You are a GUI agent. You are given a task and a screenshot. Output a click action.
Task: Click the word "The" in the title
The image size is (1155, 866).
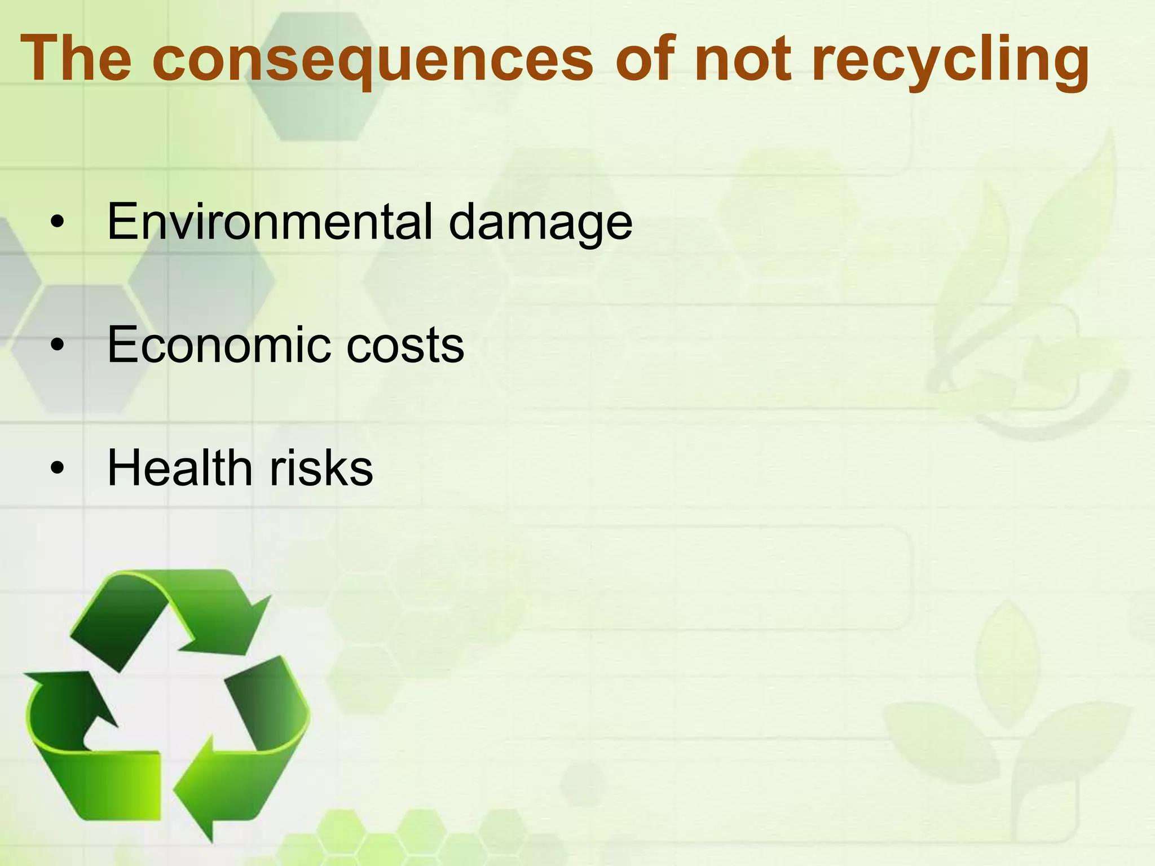(x=76, y=59)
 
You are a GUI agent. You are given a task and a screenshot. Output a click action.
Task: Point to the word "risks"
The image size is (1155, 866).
(x=321, y=468)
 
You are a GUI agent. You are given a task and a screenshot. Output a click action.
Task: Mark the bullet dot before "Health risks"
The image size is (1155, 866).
(x=57, y=469)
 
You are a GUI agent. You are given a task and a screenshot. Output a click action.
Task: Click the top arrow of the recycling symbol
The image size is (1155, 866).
(x=169, y=615)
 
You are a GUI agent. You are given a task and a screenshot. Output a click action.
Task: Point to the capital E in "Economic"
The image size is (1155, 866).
(x=123, y=344)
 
